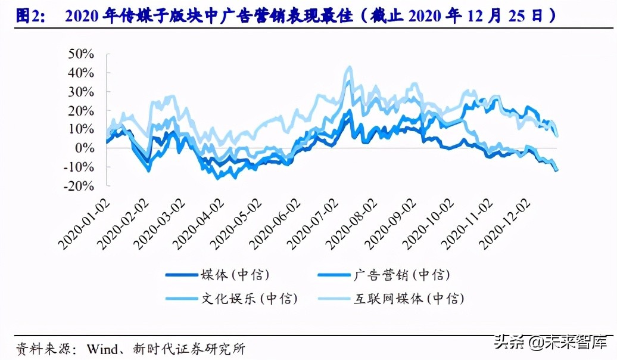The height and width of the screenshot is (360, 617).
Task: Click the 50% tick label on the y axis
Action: pyautogui.click(x=81, y=54)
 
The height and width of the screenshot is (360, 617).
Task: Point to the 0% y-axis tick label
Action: pyautogui.click(x=85, y=148)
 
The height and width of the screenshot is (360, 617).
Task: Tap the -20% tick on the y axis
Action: pyautogui.click(x=79, y=185)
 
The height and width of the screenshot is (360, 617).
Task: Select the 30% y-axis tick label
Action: pyautogui.click(x=81, y=92)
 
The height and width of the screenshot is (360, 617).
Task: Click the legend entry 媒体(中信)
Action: pyautogui.click(x=235, y=275)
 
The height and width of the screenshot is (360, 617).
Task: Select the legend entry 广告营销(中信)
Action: pyautogui.click(x=401, y=275)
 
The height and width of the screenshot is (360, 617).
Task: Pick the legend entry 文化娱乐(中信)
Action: pyautogui.click(x=250, y=298)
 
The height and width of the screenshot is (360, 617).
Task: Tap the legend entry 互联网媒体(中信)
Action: pyautogui.click(x=409, y=298)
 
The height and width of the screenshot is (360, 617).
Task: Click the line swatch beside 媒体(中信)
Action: pyautogui.click(x=182, y=275)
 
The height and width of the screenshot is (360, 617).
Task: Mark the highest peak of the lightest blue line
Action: pyautogui.click(x=348, y=67)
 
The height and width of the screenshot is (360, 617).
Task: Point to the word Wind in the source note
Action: pyautogui.click(x=102, y=349)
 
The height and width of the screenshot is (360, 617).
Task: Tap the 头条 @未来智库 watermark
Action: pyautogui.click(x=551, y=342)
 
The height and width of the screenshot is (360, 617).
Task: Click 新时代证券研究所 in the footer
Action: pyautogui.click(x=189, y=349)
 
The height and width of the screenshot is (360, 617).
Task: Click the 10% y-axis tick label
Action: pyautogui.click(x=81, y=129)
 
